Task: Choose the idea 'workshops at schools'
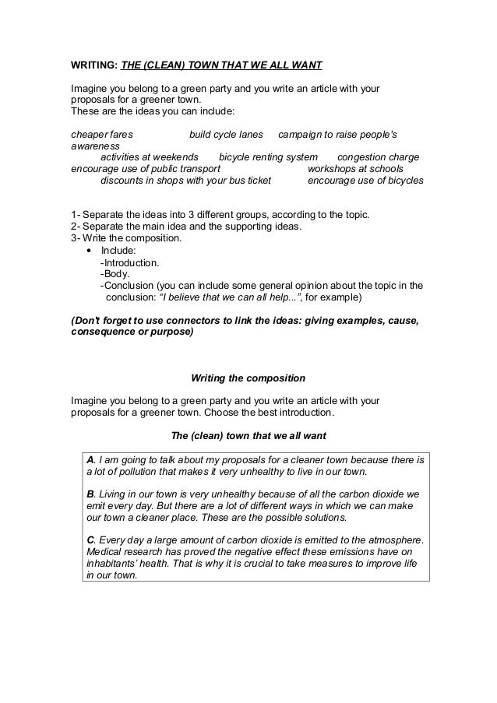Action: pyautogui.click(x=355, y=168)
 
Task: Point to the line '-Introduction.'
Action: pyautogui.click(x=130, y=262)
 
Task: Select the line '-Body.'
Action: pyautogui.click(x=115, y=274)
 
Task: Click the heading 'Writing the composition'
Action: pyautogui.click(x=248, y=378)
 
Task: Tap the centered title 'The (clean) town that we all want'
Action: pyautogui.click(x=248, y=434)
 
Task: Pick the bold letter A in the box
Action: pyautogui.click(x=90, y=459)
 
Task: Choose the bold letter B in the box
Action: pyautogui.click(x=90, y=494)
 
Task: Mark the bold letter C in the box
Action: pyautogui.click(x=90, y=540)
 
